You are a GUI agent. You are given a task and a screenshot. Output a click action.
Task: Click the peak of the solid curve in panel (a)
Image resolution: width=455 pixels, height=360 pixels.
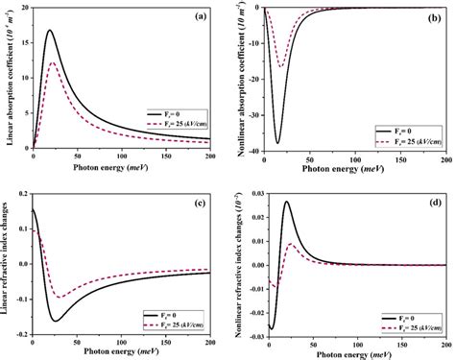[50, 30]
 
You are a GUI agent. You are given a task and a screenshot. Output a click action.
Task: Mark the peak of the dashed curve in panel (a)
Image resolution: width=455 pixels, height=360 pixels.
[53, 63]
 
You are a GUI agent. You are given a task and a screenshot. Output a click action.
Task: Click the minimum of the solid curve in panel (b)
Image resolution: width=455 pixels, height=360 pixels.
[278, 142]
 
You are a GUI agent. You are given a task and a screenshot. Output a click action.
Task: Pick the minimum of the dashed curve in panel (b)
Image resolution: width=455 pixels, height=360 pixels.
[281, 66]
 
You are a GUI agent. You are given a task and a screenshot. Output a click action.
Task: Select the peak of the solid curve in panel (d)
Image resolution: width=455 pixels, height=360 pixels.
[286, 202]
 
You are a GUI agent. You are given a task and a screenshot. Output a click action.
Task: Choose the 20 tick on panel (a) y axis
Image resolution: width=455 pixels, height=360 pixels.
[24, 8]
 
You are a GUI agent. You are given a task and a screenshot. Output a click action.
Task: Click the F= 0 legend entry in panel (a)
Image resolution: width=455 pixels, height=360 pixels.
[170, 113]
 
